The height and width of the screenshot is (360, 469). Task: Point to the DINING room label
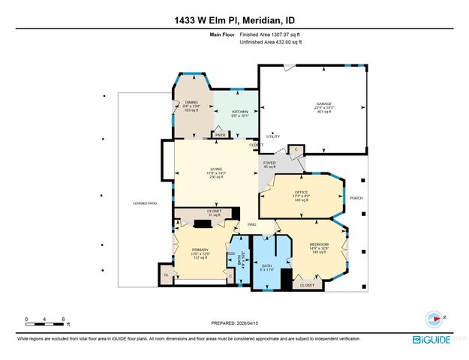pos(191,103)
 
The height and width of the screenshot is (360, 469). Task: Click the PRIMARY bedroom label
pos(200,249)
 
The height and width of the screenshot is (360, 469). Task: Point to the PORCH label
pos(356,199)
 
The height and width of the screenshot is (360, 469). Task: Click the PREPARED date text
pos(233,324)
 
